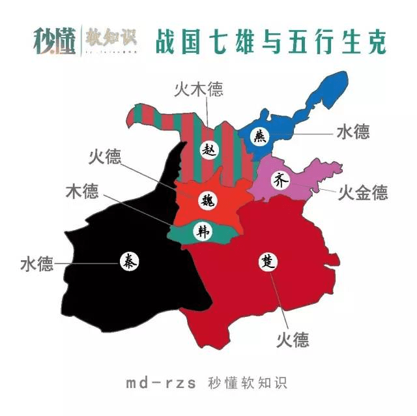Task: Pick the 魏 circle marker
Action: (x=208, y=199)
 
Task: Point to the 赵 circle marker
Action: (x=209, y=149)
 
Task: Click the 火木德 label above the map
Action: (x=198, y=90)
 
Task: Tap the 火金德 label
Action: (x=363, y=192)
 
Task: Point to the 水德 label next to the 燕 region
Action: (x=353, y=132)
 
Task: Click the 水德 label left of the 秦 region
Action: (x=36, y=265)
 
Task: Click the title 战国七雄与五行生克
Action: (x=270, y=41)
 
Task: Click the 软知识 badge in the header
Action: (x=104, y=38)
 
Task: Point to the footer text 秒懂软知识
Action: (x=247, y=383)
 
